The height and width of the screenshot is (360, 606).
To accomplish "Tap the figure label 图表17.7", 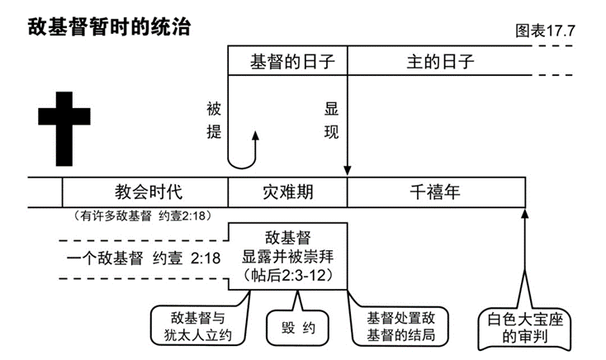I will tap(545, 31).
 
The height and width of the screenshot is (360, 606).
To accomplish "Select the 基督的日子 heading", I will tap(286, 62).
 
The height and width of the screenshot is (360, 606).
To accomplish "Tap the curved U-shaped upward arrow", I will tap(245, 153).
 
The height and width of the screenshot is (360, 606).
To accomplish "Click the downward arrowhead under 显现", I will tap(348, 169).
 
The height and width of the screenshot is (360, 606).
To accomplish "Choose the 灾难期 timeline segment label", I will tap(287, 192).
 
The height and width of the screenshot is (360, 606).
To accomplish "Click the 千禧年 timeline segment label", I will tap(436, 192).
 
